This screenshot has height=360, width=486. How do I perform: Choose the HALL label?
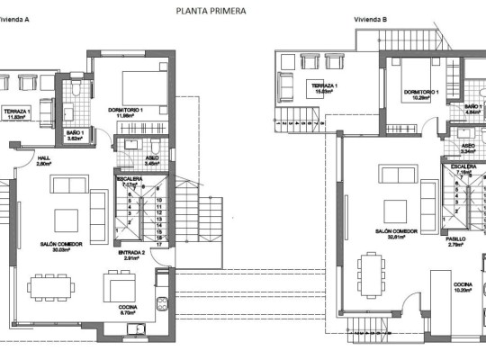point(44,157)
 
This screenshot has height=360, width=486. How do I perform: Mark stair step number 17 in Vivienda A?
point(157,244)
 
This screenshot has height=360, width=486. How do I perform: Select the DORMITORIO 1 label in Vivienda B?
point(421,91)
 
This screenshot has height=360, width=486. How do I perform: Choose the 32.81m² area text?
point(391,238)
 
